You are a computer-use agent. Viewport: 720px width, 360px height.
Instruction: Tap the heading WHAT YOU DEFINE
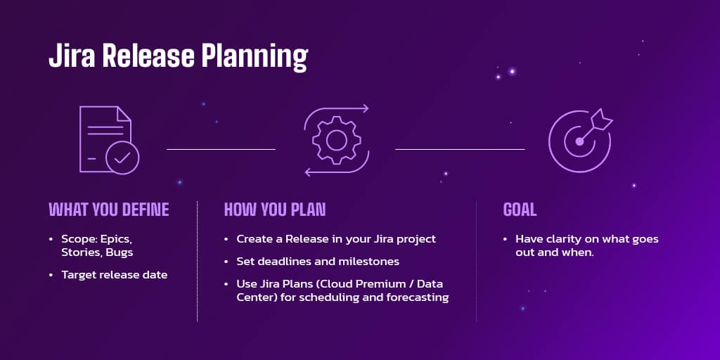click(108, 210)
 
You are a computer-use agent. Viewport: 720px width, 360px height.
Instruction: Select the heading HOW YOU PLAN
click(274, 210)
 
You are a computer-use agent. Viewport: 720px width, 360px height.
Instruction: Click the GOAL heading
click(520, 210)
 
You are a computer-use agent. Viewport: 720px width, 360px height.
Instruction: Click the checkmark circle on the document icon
click(122, 157)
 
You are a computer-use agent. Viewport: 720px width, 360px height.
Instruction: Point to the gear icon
click(336, 140)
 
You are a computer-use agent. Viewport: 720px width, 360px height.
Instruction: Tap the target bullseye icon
click(579, 141)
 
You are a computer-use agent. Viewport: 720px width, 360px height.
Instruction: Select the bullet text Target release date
click(114, 275)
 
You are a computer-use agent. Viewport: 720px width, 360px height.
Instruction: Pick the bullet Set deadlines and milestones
click(318, 262)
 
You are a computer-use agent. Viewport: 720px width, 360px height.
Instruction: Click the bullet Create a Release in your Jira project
click(336, 239)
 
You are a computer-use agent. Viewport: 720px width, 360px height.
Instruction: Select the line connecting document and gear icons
click(221, 149)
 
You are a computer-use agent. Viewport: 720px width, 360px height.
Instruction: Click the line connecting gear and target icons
click(460, 149)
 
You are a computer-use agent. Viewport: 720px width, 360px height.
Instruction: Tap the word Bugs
click(120, 252)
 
